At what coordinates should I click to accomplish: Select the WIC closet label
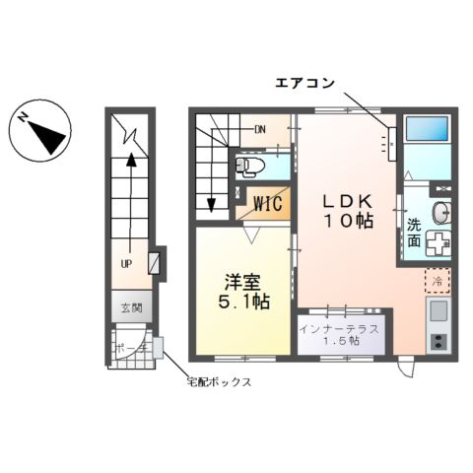point(267,204)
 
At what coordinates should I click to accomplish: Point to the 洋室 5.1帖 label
point(243,289)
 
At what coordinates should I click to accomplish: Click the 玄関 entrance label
point(131,308)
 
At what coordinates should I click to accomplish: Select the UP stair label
point(127,264)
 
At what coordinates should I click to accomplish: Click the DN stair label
point(260,129)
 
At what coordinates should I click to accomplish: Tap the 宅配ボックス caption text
point(219,381)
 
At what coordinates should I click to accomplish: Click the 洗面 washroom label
point(414,232)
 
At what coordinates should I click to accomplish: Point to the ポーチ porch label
point(129,348)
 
